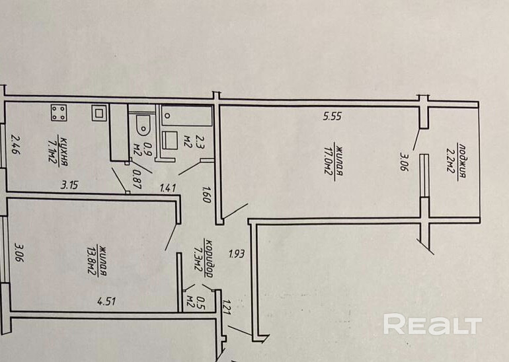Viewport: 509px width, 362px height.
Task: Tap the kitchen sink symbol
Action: point(98,113)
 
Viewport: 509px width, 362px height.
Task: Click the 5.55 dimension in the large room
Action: point(332,117)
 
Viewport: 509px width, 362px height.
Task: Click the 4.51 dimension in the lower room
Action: point(106,302)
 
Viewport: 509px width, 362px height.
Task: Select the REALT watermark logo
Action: point(432,324)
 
